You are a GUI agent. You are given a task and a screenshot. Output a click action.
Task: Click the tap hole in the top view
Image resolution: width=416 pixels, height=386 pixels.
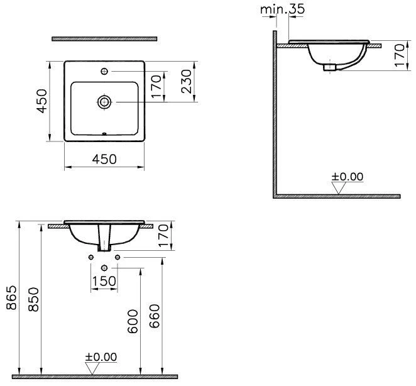(x=104, y=71)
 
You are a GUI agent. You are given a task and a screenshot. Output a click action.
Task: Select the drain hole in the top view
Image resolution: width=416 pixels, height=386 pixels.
(x=104, y=102)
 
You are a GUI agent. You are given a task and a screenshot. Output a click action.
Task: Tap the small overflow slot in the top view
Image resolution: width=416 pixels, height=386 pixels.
(x=104, y=133)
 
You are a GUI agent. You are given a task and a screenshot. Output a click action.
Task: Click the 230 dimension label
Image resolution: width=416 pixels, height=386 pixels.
(x=186, y=81)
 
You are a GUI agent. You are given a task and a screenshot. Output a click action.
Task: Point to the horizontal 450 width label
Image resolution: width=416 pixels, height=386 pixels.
(x=104, y=159)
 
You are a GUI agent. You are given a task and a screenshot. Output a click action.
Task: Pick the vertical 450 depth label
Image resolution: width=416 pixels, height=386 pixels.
(x=42, y=101)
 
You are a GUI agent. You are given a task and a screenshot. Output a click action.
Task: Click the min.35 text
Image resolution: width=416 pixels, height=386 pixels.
(x=283, y=9)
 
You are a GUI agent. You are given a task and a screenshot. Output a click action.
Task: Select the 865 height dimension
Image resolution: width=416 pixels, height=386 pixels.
(x=12, y=298)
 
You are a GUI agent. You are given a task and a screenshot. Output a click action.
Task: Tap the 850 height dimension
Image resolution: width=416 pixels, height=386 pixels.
(x=34, y=299)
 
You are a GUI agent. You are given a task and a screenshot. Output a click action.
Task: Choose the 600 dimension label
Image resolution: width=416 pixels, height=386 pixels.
(x=133, y=321)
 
